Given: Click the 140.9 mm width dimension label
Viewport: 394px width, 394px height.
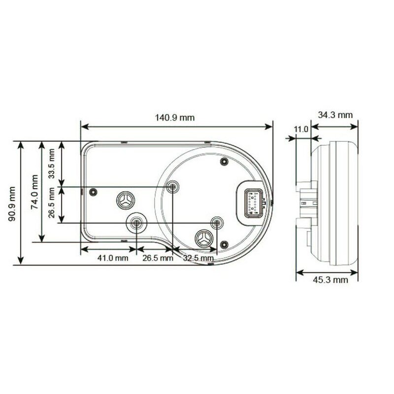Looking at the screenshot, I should tap(175, 118).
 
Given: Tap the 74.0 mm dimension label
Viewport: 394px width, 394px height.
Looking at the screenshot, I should tap(34, 192).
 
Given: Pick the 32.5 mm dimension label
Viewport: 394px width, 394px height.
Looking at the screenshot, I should tap(198, 258).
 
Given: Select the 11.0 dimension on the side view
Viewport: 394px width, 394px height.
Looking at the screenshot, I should tap(300, 129).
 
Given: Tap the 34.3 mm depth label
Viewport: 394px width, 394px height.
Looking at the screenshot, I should tap(335, 115).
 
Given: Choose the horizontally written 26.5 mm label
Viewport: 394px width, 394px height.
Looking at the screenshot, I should tap(158, 258).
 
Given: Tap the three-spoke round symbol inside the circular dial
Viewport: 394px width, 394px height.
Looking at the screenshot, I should tap(203, 239).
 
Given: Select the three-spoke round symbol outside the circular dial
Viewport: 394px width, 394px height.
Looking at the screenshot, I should tap(125, 200).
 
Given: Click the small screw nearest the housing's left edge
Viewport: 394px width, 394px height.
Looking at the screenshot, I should tap(93, 192).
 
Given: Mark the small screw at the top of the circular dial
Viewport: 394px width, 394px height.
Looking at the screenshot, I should tap(224, 162).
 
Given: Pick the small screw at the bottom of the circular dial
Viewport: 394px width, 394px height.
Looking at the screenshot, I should tap(225, 244).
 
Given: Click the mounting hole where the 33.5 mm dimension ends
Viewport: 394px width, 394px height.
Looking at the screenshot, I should tap(172, 187).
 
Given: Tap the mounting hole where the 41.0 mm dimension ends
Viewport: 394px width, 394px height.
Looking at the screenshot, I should tap(136, 224).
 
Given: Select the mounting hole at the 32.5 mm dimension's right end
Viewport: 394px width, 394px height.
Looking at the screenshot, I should tap(216, 223).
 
